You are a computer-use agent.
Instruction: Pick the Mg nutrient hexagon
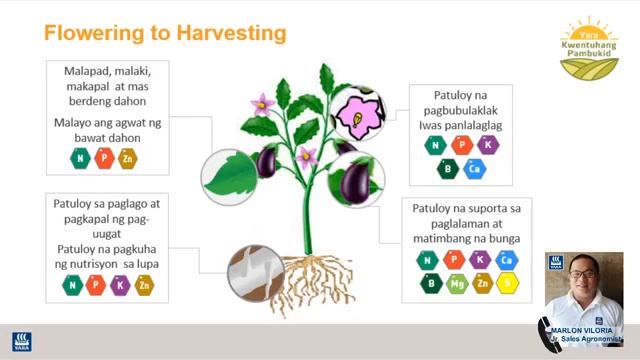click(x=456, y=283)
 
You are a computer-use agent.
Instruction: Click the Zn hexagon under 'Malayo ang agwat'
click(x=128, y=159)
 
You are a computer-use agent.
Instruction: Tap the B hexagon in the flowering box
click(x=448, y=169)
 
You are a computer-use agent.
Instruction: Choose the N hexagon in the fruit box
click(x=428, y=260)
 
